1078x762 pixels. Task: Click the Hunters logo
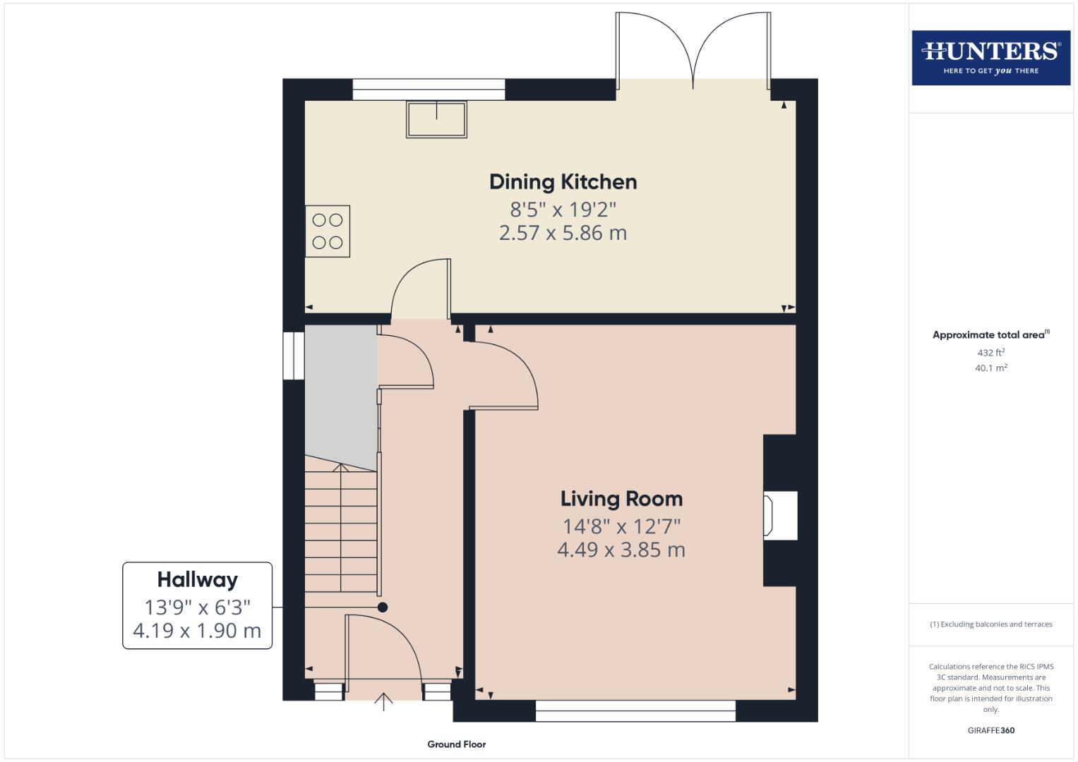(x=990, y=57)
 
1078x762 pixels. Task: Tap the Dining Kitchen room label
(x=563, y=182)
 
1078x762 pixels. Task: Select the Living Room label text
(x=621, y=499)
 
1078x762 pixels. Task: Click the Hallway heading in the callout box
(x=197, y=580)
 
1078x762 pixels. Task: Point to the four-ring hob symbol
(x=328, y=231)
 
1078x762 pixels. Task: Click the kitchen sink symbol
(x=436, y=119)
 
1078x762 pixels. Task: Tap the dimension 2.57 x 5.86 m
(x=563, y=233)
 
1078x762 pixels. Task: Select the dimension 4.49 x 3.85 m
(x=621, y=550)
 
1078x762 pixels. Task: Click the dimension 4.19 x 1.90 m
(x=197, y=630)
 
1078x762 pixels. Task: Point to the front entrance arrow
(x=383, y=701)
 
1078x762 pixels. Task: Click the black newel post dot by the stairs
(x=383, y=607)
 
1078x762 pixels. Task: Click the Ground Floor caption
(x=456, y=744)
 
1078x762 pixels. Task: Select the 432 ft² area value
(x=990, y=352)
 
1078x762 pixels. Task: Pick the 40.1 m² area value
(x=990, y=368)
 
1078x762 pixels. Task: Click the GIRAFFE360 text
(x=990, y=730)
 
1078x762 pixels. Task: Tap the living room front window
(x=635, y=710)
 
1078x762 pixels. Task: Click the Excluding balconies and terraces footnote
(x=990, y=624)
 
